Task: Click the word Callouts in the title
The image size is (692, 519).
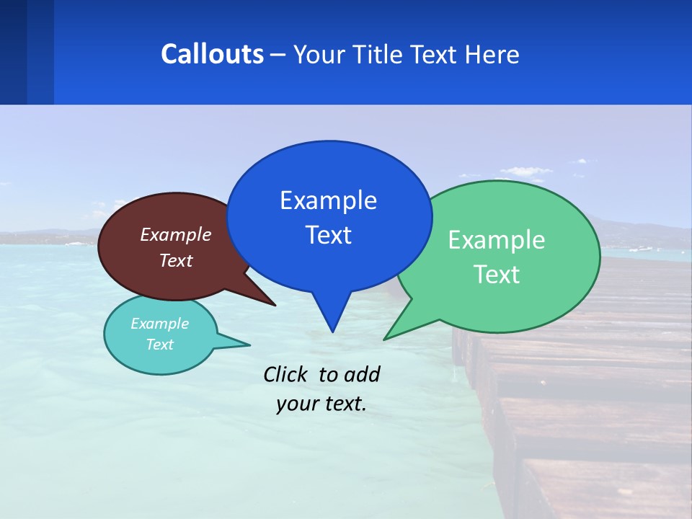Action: click(212, 54)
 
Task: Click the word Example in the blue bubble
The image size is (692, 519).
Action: click(328, 200)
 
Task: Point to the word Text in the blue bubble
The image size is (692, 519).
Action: click(328, 235)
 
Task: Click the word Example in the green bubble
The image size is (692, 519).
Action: click(497, 240)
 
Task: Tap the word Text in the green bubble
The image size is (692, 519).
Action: click(497, 275)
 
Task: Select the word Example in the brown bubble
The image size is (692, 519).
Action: click(176, 234)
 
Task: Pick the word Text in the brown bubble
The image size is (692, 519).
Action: click(176, 260)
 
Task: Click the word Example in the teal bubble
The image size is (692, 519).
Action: click(159, 324)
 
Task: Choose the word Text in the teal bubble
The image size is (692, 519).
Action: click(159, 345)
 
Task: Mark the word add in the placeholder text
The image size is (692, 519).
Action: click(362, 374)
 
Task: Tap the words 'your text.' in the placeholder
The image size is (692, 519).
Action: click(321, 404)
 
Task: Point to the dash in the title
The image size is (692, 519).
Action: click(278, 55)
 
